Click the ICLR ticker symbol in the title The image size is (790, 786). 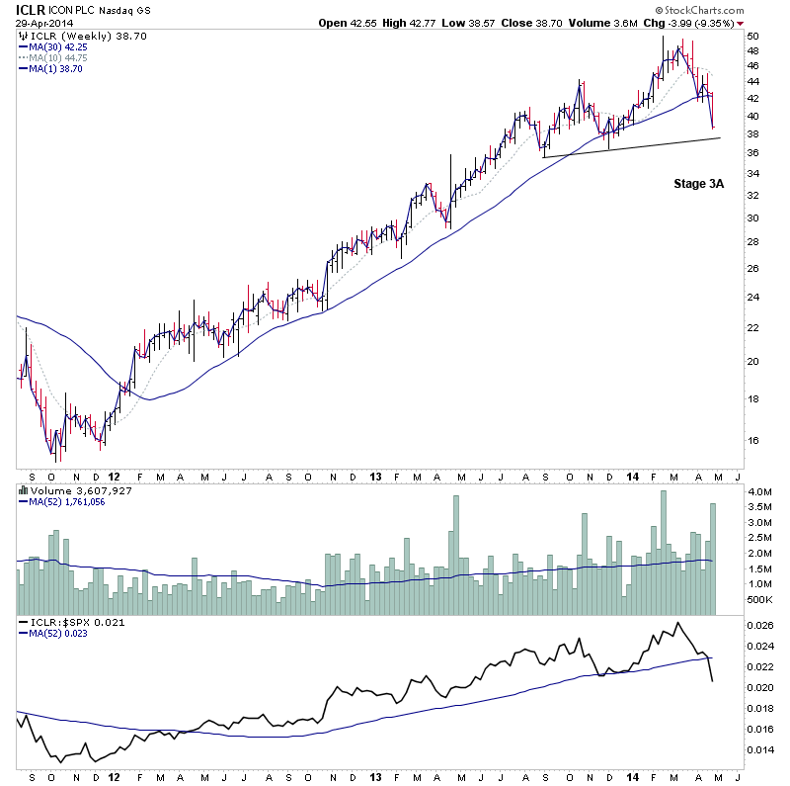tap(30, 10)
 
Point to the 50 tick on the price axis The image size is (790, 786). tap(752, 36)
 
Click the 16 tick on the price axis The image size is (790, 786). tap(752, 441)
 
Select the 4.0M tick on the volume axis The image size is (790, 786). tap(758, 491)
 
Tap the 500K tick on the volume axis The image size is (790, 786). tap(758, 599)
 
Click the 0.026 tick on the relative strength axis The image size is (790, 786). tap(761, 625)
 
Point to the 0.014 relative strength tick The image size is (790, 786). tap(761, 749)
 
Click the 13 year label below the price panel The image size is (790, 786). tap(376, 475)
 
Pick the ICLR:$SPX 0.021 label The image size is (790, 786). tap(69, 622)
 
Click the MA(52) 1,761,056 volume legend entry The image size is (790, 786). tap(66, 501)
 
